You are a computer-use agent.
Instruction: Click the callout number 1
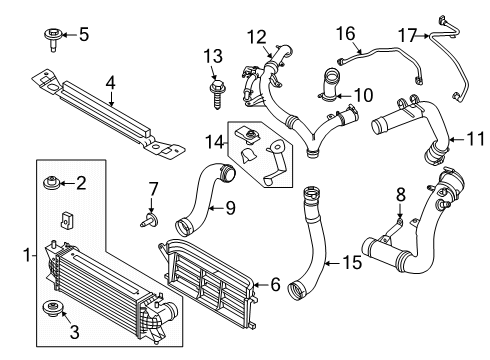(27, 256)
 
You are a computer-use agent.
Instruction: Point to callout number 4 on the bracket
(111, 81)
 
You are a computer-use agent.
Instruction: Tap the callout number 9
(229, 208)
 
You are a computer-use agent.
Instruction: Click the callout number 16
(345, 34)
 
